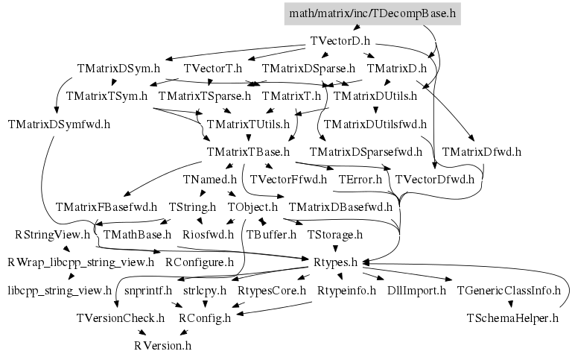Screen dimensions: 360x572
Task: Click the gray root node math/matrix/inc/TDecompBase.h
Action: (372, 13)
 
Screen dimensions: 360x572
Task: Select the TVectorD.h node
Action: (340, 41)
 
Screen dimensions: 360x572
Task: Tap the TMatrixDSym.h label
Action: (118, 69)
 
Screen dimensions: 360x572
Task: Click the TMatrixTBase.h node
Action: (248, 152)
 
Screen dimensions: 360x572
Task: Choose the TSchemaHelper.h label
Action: (512, 318)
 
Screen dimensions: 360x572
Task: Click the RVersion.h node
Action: (162, 346)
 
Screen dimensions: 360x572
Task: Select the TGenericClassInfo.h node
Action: (509, 290)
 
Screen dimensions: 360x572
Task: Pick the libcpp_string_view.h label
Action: (60, 290)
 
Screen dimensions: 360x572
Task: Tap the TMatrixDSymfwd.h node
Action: (60, 124)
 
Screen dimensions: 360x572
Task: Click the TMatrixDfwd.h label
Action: (481, 152)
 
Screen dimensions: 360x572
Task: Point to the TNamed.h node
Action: (209, 180)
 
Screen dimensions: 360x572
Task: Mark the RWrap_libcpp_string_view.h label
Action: (80, 262)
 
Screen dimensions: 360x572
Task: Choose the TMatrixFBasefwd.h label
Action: (107, 207)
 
